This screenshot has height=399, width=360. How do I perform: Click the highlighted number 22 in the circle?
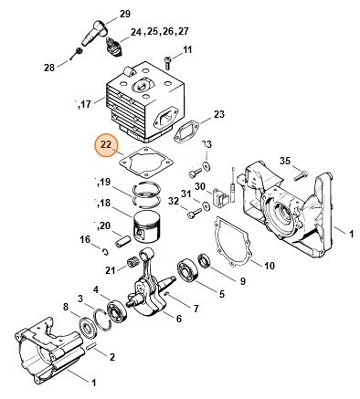click(x=107, y=144)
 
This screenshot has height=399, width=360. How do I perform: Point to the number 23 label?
click(x=218, y=114)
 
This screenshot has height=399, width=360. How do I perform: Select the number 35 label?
click(x=284, y=162)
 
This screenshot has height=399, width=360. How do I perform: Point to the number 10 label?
click(x=270, y=267)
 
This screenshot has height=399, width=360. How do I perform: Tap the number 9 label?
click(x=242, y=280)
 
